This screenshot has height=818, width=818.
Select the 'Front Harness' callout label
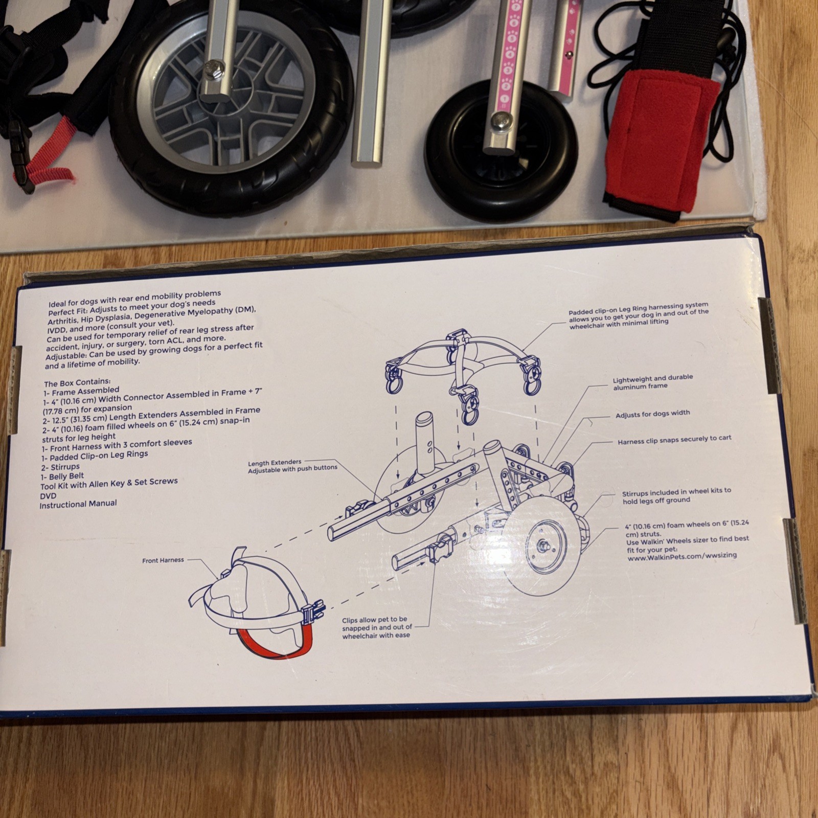[x=163, y=560]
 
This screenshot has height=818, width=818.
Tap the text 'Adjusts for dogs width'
[x=652, y=414]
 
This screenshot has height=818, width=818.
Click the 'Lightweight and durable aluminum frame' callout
[x=652, y=382]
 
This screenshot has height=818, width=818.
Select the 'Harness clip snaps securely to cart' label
[x=674, y=440]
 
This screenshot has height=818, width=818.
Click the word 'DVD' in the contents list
[x=48, y=495]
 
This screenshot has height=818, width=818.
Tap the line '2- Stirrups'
[x=61, y=467]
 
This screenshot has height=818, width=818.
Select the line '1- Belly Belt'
[x=63, y=476]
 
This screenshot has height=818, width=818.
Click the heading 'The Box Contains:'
[x=77, y=382]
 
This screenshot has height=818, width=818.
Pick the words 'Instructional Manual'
[x=78, y=504]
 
